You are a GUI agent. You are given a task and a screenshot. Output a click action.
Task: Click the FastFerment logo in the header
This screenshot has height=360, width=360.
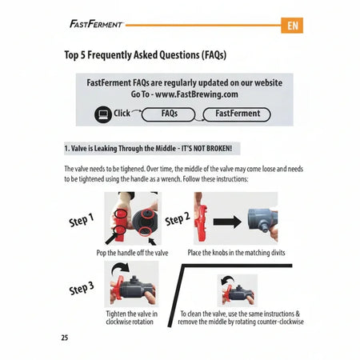(x=96, y=24)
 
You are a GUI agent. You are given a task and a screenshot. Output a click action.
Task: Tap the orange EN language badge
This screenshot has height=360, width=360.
(x=292, y=26)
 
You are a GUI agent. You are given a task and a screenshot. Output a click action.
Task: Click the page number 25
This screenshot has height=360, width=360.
(x=65, y=338)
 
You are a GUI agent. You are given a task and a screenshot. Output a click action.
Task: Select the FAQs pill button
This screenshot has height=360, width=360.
(x=169, y=114)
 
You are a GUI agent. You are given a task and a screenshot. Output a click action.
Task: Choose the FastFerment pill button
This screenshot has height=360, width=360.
(x=237, y=114)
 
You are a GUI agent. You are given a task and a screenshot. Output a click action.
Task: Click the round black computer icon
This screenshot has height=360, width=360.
(x=103, y=114)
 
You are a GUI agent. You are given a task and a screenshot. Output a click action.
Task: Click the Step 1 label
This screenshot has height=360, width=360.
(x=82, y=220)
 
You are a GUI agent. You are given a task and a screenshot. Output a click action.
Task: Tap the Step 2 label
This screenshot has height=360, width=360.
(x=178, y=218)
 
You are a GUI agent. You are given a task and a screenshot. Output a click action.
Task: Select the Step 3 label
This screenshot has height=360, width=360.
(x=82, y=289)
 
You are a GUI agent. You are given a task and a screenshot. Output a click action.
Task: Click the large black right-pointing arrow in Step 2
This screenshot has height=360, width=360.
(x=227, y=222)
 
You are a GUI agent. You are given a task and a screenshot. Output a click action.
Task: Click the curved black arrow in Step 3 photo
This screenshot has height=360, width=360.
(x=120, y=269)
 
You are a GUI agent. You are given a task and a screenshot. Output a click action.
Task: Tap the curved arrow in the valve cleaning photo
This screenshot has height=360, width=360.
(x=227, y=281)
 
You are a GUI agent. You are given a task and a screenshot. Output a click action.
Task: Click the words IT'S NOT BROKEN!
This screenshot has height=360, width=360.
(x=206, y=148)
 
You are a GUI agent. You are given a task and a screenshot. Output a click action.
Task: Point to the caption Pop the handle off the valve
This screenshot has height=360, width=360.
(x=132, y=253)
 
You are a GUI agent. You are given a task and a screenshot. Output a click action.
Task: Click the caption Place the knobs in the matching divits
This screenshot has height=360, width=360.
(x=236, y=253)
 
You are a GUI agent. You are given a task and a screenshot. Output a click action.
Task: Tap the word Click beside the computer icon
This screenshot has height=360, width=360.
(x=122, y=113)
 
